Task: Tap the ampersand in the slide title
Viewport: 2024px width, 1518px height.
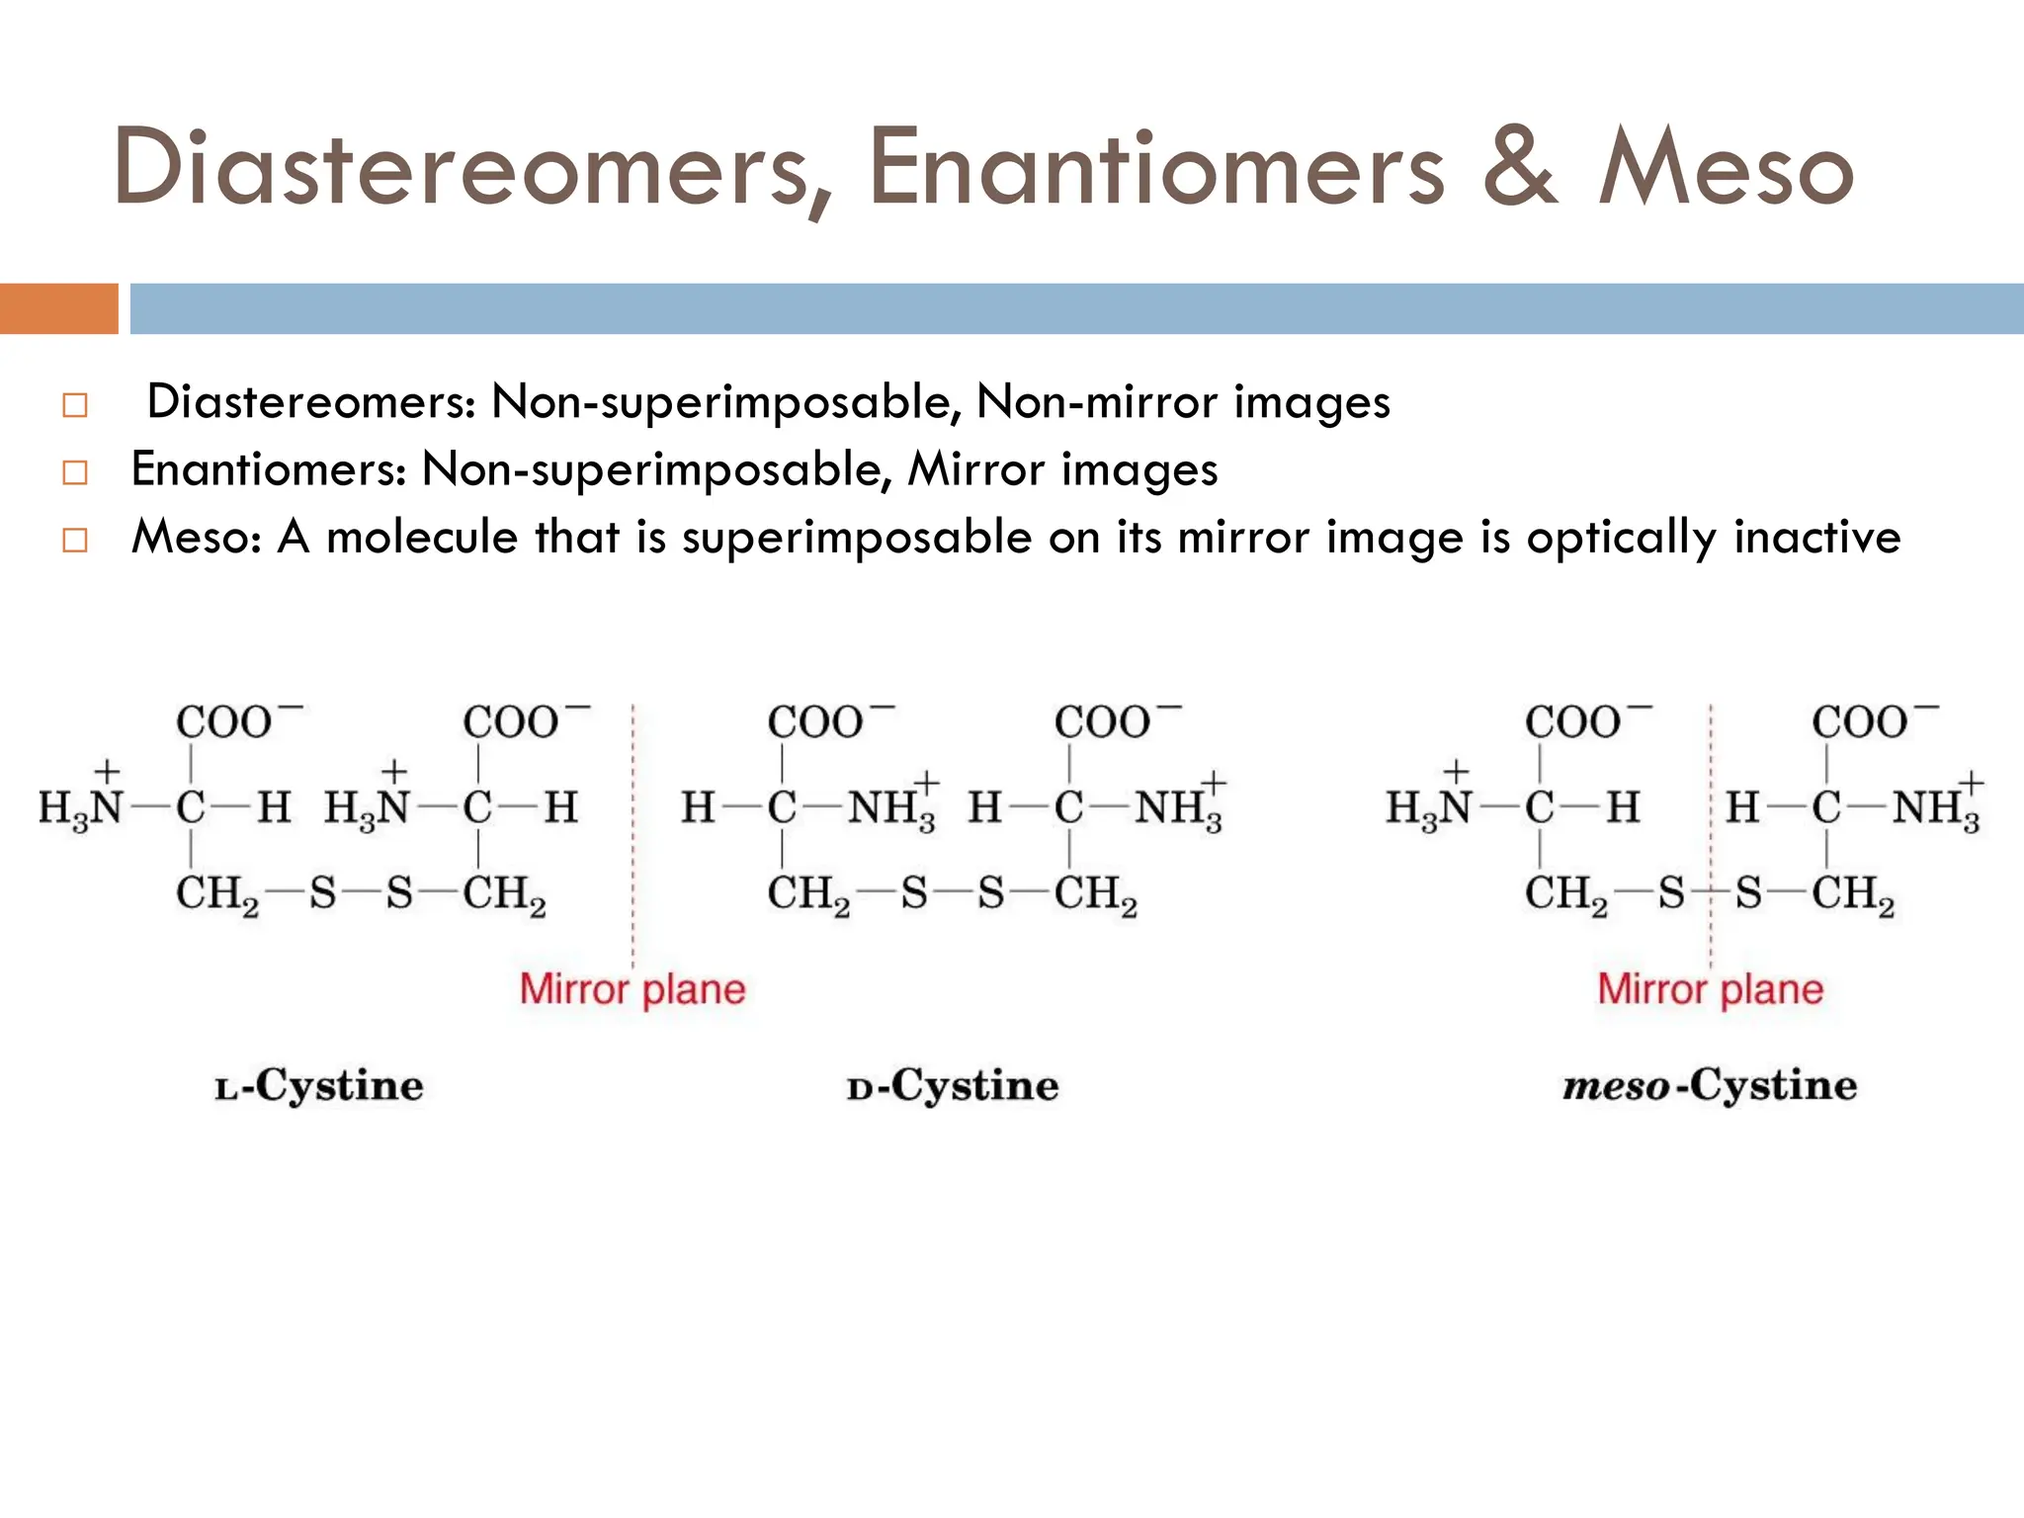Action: pos(1521,168)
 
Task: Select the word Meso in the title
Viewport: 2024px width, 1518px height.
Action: pos(1726,168)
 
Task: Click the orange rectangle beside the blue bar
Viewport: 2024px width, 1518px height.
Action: pos(58,308)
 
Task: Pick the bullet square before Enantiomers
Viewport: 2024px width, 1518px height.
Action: pos(75,473)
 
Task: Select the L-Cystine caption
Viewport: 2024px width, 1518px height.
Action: pos(319,1086)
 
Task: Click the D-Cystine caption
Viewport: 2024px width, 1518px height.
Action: pos(953,1086)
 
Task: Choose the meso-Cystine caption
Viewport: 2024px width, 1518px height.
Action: pos(1710,1086)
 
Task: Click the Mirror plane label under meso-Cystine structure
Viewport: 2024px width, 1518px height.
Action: pos(1710,989)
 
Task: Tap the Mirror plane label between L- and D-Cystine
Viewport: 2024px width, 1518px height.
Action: pos(632,989)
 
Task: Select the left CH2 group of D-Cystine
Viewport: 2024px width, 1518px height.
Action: pos(807,894)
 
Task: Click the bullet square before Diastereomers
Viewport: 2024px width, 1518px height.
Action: pos(75,406)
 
